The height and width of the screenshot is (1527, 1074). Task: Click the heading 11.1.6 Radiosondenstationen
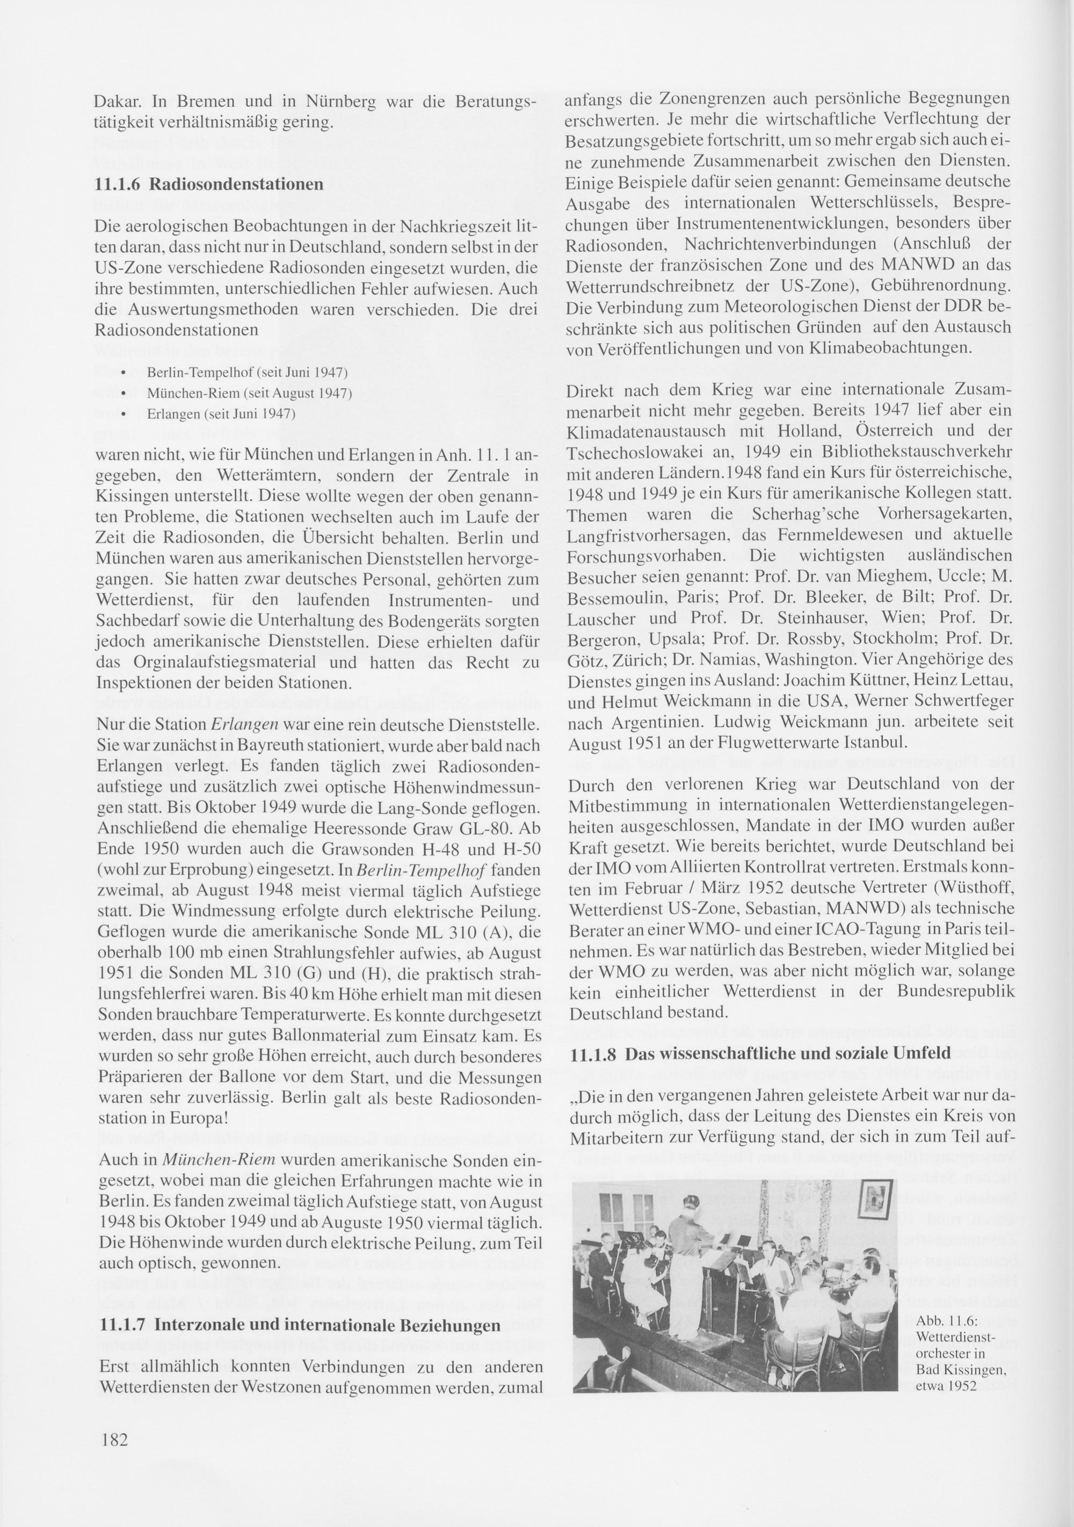point(209,184)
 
